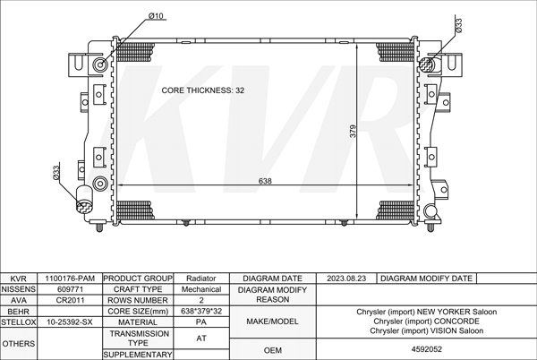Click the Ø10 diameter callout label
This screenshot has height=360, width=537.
(156, 16)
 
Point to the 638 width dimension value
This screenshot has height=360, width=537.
(265, 181)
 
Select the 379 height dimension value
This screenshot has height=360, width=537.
(353, 131)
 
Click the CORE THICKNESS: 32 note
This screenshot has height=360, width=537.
(203, 90)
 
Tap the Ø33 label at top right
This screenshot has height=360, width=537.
(458, 26)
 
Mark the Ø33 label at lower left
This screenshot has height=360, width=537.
(56, 173)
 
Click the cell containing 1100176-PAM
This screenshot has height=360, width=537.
(70, 279)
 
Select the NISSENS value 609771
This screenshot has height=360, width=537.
(70, 289)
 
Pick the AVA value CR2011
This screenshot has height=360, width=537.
(70, 300)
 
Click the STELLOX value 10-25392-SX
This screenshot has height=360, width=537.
(70, 322)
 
